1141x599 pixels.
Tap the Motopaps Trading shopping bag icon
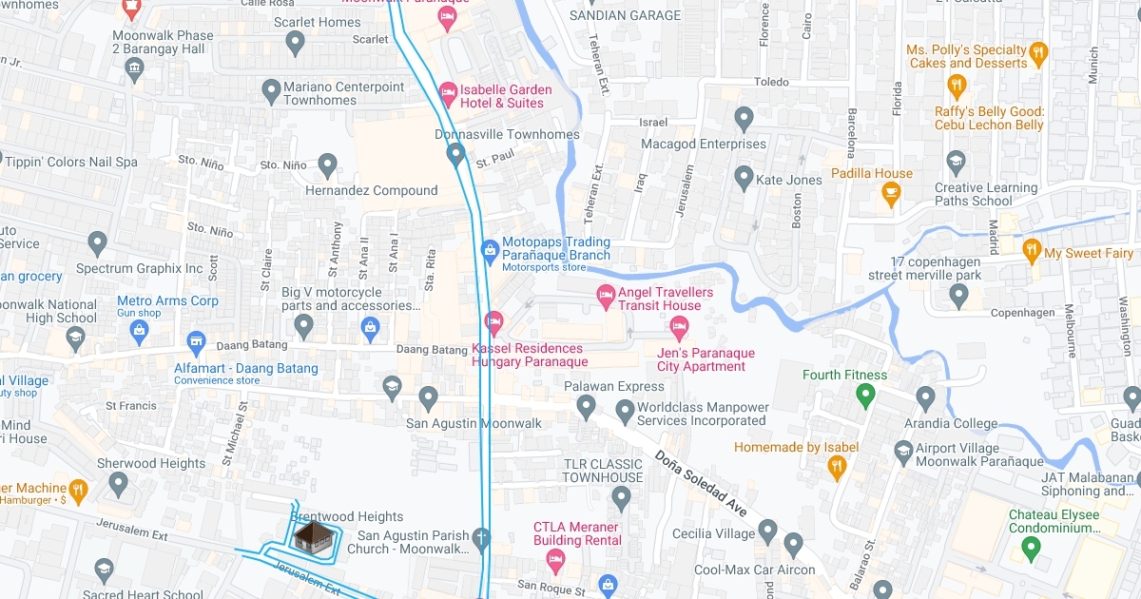(490, 251)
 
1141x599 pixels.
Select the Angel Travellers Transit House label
(659, 299)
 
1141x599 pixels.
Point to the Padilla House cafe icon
(891, 193)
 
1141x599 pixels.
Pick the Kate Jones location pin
(745, 177)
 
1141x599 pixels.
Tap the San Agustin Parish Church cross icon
(482, 538)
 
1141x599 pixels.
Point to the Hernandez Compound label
(371, 190)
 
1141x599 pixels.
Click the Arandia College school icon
(925, 396)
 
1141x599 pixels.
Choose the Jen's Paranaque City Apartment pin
(679, 329)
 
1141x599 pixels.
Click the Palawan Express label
(613, 386)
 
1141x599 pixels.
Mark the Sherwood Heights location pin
(118, 484)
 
